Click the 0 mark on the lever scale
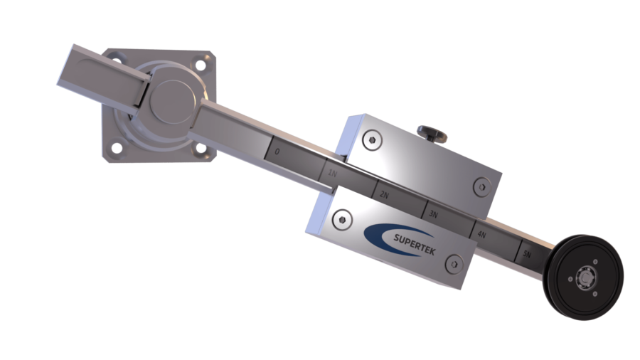(x=277, y=152)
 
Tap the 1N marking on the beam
(x=331, y=173)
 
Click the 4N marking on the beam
(x=481, y=233)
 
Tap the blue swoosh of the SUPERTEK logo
(x=377, y=234)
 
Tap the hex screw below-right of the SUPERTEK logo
(x=453, y=264)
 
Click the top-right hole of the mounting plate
(x=205, y=65)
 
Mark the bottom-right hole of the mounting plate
(x=200, y=148)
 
